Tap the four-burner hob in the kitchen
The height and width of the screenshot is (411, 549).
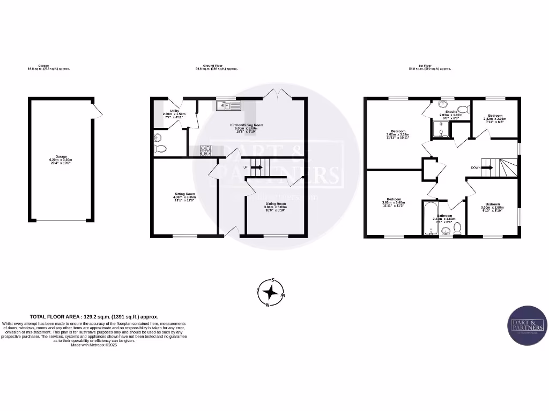tap(205, 151)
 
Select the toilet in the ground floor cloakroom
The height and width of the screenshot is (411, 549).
tap(160, 148)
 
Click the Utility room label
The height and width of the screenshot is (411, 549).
tap(174, 114)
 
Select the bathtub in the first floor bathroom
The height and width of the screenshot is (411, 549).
tap(429, 219)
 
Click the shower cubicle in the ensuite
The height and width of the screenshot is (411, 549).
tap(440, 128)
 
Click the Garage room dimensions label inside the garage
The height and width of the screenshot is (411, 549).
tap(61, 160)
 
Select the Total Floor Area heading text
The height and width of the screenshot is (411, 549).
tap(93, 317)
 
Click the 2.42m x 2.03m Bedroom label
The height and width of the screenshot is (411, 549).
tap(494, 119)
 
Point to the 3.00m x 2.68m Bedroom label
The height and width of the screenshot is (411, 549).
tap(492, 207)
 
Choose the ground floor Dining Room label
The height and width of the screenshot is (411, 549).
tap(276, 206)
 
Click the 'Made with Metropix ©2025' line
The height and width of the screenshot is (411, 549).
tap(93, 345)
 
